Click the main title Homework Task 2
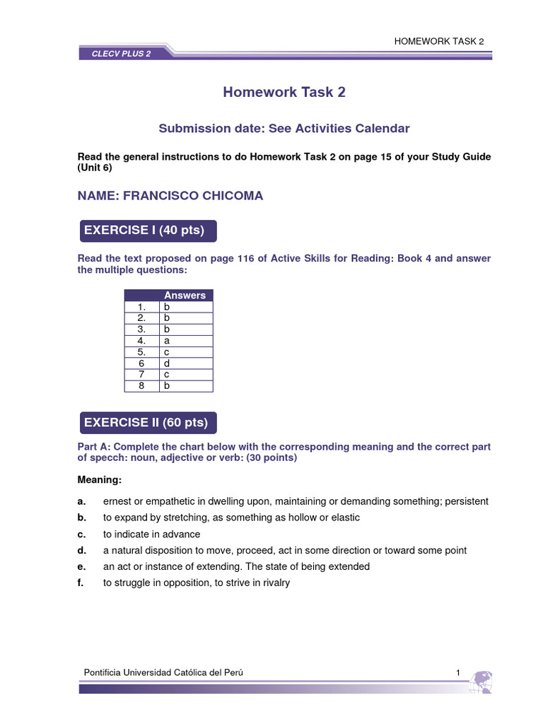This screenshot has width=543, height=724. (x=284, y=92)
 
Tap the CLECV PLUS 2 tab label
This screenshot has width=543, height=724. (x=121, y=54)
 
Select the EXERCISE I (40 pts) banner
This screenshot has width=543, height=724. (x=145, y=230)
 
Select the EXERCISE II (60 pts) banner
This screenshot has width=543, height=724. (x=146, y=423)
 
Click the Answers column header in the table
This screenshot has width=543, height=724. (x=185, y=296)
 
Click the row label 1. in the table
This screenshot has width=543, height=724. (x=141, y=307)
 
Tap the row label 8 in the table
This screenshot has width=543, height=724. (x=141, y=385)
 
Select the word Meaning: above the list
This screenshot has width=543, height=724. (x=99, y=481)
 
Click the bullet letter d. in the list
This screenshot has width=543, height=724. (x=82, y=550)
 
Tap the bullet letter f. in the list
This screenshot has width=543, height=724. (x=81, y=583)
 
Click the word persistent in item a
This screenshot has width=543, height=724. (x=465, y=501)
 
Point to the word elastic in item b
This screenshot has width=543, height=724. (x=344, y=518)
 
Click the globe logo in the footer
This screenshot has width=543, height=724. (x=481, y=682)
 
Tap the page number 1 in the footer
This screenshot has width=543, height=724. (x=458, y=672)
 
